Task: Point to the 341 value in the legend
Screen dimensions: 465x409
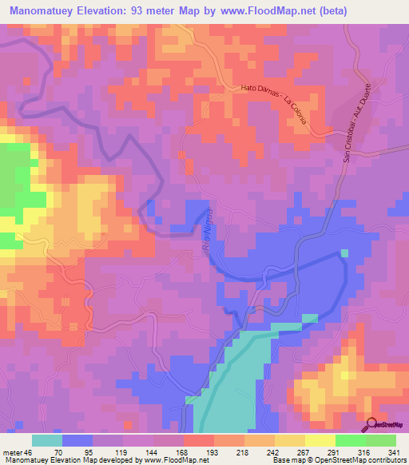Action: [x=394, y=451]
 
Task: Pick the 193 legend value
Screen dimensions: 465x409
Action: [x=213, y=451]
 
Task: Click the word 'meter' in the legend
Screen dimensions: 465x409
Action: [x=14, y=451]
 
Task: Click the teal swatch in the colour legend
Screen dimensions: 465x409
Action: [x=47, y=440]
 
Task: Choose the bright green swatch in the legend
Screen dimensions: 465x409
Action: [x=350, y=440]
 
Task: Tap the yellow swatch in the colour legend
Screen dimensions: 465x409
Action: [x=289, y=440]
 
